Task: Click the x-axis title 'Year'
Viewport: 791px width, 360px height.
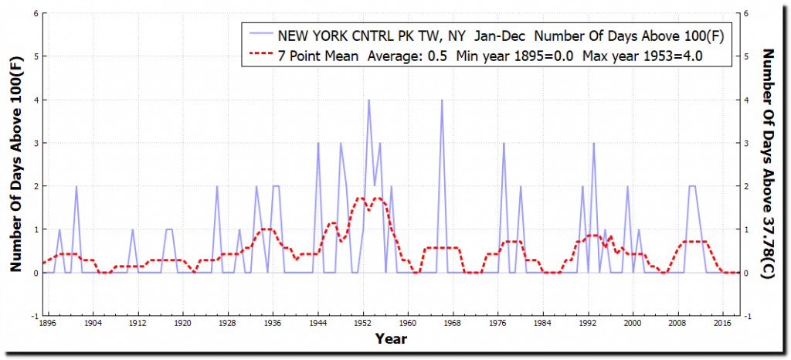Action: pyautogui.click(x=391, y=338)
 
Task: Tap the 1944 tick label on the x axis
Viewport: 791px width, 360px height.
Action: pyautogui.click(x=318, y=324)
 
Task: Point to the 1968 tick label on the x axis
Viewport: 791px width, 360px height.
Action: pyautogui.click(x=453, y=324)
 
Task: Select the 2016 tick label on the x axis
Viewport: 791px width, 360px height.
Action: pyautogui.click(x=723, y=324)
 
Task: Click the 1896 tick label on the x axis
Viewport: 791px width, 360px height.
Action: pyautogui.click(x=48, y=324)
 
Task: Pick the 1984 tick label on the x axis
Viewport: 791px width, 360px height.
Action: pyautogui.click(x=543, y=324)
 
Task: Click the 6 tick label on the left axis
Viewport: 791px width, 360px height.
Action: pyautogui.click(x=36, y=13)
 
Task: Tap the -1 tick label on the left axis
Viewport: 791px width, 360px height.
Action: pyautogui.click(x=34, y=316)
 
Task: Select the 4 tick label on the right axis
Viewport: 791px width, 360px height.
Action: pyautogui.click(x=745, y=100)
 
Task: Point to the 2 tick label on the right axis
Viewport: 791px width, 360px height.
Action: pyautogui.click(x=745, y=186)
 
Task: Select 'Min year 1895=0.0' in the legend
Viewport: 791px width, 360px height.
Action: pyautogui.click(x=514, y=56)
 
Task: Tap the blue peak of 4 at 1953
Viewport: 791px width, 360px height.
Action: pyautogui.click(x=368, y=100)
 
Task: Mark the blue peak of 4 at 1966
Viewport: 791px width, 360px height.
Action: pyautogui.click(x=442, y=100)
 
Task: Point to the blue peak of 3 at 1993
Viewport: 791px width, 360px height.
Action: pyautogui.click(x=593, y=144)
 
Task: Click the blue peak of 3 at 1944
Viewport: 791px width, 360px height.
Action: pyautogui.click(x=318, y=144)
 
